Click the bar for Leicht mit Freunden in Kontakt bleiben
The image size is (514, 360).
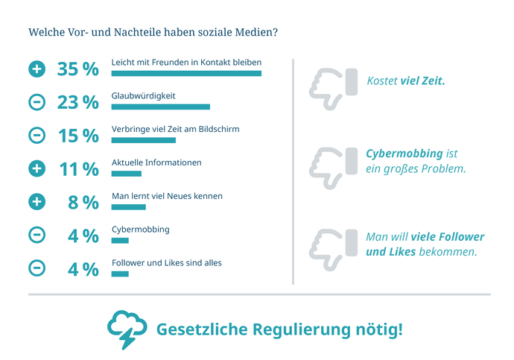coord(186,74)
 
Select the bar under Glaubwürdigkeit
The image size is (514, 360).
coord(160,107)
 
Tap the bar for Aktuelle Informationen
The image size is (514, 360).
coord(126,174)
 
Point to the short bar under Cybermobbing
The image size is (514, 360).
coord(120,241)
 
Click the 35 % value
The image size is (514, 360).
coord(78,69)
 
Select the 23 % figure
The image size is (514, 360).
coord(78,103)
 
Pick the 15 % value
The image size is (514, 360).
coord(78,136)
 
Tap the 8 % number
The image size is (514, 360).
coord(83,203)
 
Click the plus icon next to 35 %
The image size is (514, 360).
coord(37,69)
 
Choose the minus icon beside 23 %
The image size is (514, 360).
coord(37,103)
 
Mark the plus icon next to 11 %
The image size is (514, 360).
coord(37,169)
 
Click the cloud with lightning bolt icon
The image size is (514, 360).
coord(127,328)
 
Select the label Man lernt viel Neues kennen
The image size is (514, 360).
coord(167,195)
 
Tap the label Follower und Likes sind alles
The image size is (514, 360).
coord(166,262)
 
